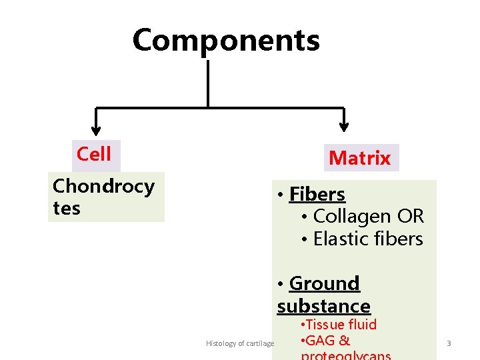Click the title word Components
(x=226, y=41)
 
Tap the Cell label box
(x=94, y=154)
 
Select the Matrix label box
(x=359, y=158)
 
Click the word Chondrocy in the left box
(x=103, y=186)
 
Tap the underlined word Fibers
(x=317, y=195)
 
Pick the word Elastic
(x=340, y=239)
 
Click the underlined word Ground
(x=325, y=283)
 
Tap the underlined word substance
(x=324, y=306)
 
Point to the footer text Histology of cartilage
(x=240, y=343)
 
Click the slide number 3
(x=449, y=343)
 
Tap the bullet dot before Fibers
(x=282, y=195)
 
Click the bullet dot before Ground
(x=282, y=284)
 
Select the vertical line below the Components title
(x=209, y=83)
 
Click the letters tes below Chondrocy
(x=67, y=209)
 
